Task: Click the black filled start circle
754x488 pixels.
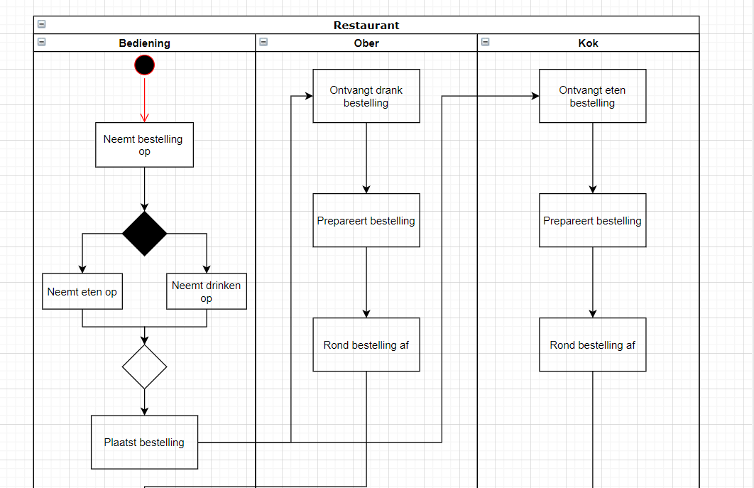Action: [144, 65]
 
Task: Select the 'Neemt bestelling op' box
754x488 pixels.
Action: [144, 145]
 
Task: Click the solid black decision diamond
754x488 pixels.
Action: [144, 233]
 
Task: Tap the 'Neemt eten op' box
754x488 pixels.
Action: [82, 291]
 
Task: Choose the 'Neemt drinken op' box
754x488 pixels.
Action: [207, 291]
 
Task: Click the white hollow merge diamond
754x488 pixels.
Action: [144, 367]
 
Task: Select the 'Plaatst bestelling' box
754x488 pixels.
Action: [144, 442]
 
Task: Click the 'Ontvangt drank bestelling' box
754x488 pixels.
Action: [366, 96]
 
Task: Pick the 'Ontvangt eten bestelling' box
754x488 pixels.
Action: [592, 96]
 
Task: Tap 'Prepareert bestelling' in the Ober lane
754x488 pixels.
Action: [366, 220]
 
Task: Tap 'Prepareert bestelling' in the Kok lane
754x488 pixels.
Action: [592, 220]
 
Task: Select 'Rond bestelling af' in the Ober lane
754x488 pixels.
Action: [366, 345]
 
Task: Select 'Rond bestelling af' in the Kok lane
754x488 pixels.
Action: [592, 345]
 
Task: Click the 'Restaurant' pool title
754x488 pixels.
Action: [366, 26]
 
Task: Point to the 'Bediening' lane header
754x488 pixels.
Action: [144, 43]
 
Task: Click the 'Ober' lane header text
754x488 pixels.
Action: [366, 43]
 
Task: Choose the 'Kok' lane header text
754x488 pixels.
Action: [588, 43]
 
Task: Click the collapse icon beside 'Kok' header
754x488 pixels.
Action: [485, 42]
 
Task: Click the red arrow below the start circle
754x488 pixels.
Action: [144, 99]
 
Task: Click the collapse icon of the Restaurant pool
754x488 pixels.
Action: [41, 24]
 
